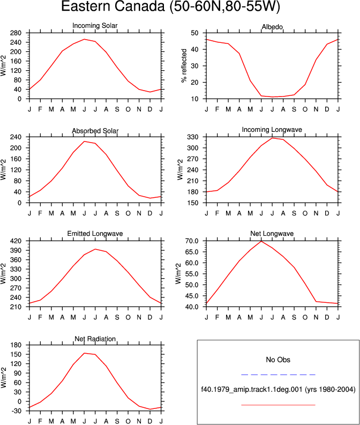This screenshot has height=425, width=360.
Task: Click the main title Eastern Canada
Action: (112, 6)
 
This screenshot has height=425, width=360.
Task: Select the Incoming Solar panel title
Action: (95, 26)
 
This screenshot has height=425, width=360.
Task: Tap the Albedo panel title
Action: (272, 27)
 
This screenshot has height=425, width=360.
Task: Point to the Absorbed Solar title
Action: (95, 131)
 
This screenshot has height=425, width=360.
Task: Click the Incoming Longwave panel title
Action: (272, 130)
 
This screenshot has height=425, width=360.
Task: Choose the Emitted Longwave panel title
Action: (95, 234)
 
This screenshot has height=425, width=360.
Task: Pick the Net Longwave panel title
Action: (272, 234)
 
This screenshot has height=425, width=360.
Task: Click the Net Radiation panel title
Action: (95, 339)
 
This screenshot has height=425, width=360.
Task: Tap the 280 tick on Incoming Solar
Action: (16, 33)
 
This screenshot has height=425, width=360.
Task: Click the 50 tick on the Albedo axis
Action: (194, 33)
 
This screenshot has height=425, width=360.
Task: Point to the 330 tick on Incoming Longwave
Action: (193, 137)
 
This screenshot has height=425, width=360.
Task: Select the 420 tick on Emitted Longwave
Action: (16, 241)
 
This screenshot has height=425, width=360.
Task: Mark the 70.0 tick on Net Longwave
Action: (192, 241)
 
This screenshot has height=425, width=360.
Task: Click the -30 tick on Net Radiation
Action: (16, 411)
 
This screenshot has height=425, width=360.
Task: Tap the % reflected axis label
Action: (184, 65)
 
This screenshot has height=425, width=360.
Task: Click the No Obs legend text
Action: (278, 360)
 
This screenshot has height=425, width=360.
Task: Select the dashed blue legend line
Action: (278, 375)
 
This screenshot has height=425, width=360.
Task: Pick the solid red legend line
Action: (278, 405)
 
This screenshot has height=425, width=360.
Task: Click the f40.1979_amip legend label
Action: (278, 390)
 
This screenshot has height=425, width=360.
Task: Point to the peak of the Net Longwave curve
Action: (261, 241)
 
